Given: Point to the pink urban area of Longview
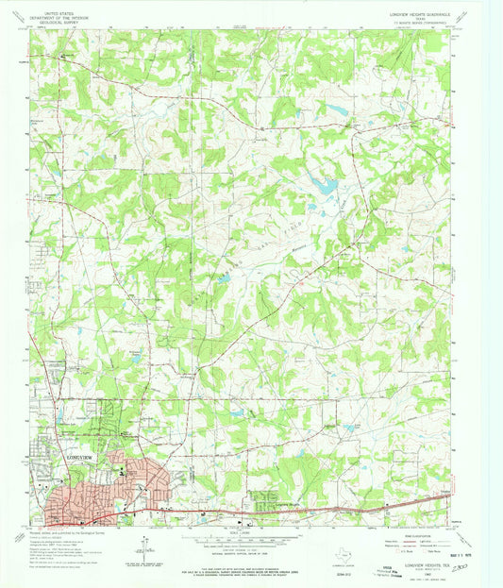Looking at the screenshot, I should pyautogui.click(x=104, y=496).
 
